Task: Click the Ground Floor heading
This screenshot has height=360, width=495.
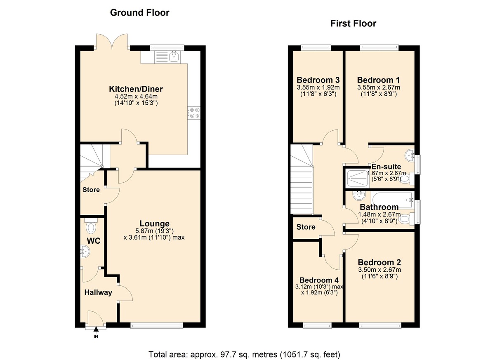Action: coord(139,13)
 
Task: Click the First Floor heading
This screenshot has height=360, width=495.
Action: coord(353,24)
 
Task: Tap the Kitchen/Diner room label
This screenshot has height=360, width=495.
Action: coord(136,89)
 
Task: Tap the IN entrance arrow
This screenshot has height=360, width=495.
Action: coord(96,329)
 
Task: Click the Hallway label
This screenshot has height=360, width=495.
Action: coord(98,292)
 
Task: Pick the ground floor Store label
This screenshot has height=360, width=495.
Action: coord(91,190)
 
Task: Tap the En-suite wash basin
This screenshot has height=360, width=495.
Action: coord(410,155)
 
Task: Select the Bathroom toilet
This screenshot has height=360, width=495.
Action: coord(405,219)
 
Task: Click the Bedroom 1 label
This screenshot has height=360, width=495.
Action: coord(379,80)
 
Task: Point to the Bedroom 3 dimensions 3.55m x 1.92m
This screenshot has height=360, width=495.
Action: coord(318,87)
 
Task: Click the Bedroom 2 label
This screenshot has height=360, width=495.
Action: coord(379,263)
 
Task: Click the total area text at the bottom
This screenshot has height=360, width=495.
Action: coord(244,354)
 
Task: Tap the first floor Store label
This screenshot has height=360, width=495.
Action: coord(306,227)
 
